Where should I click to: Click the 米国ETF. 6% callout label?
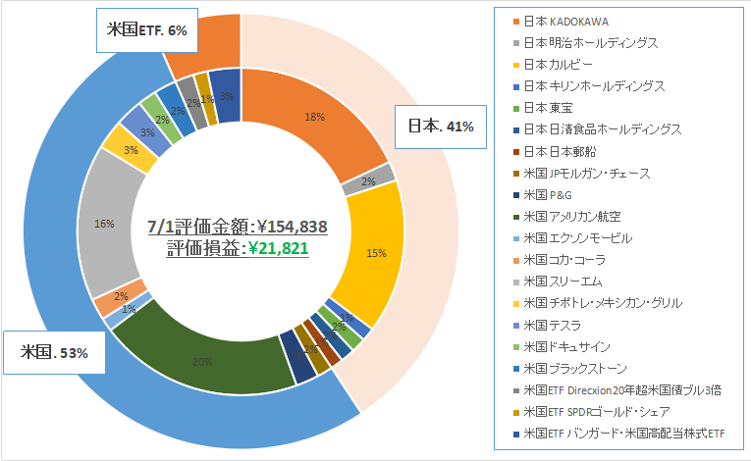click(x=146, y=30)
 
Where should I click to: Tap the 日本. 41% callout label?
click(x=440, y=127)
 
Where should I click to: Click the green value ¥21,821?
click(x=279, y=249)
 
